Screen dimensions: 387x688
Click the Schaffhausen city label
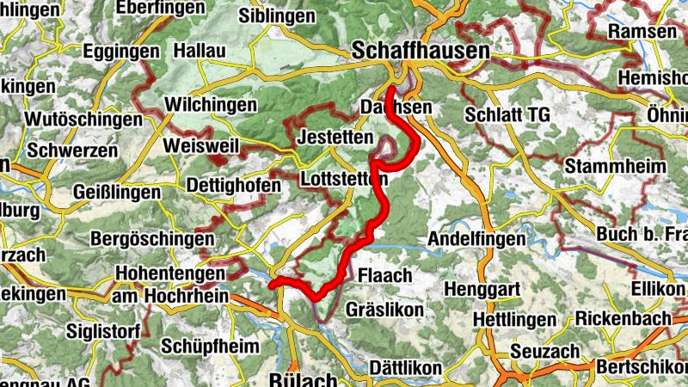pyautogui.click(x=421, y=52)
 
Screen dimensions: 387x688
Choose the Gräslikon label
pyautogui.click(x=384, y=309)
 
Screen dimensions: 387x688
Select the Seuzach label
pyautogui.click(x=540, y=353)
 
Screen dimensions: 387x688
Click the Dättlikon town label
pyautogui.click(x=406, y=368)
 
